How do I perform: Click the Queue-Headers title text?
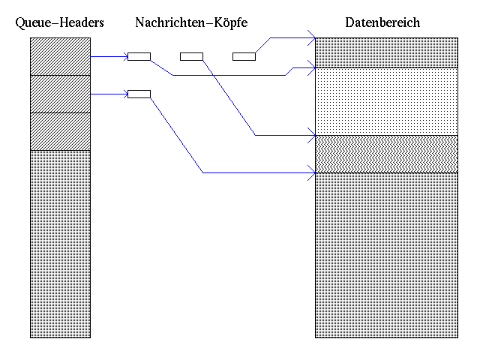[59, 23]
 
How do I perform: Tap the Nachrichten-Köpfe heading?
[191, 23]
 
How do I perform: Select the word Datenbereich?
[382, 23]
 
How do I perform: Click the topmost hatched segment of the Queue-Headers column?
[60, 56]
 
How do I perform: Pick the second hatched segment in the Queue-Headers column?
[60, 94]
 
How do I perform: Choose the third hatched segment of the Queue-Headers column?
[60, 131]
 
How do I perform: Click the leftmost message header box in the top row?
[139, 56]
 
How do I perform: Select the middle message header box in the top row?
[191, 56]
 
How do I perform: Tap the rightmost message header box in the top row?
[244, 56]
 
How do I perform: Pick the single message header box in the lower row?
[139, 94]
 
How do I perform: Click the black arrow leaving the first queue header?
[109, 56]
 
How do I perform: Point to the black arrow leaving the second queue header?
[109, 94]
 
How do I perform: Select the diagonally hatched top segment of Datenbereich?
[386, 52]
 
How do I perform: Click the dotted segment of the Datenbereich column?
[386, 101]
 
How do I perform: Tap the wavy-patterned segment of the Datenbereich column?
[386, 154]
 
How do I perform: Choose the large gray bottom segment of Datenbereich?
[386, 255]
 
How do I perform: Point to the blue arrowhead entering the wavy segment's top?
[311, 135]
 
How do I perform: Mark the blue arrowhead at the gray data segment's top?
[311, 173]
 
